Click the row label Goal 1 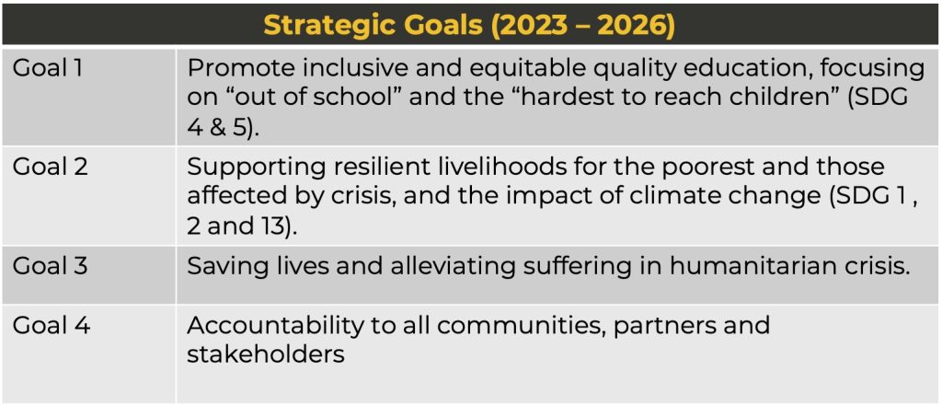[x=48, y=69]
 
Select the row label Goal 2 [x=51, y=167]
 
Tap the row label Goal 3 [x=51, y=265]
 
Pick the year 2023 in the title [x=536, y=26]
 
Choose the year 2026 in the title [x=640, y=26]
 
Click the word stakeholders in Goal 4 [x=266, y=354]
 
